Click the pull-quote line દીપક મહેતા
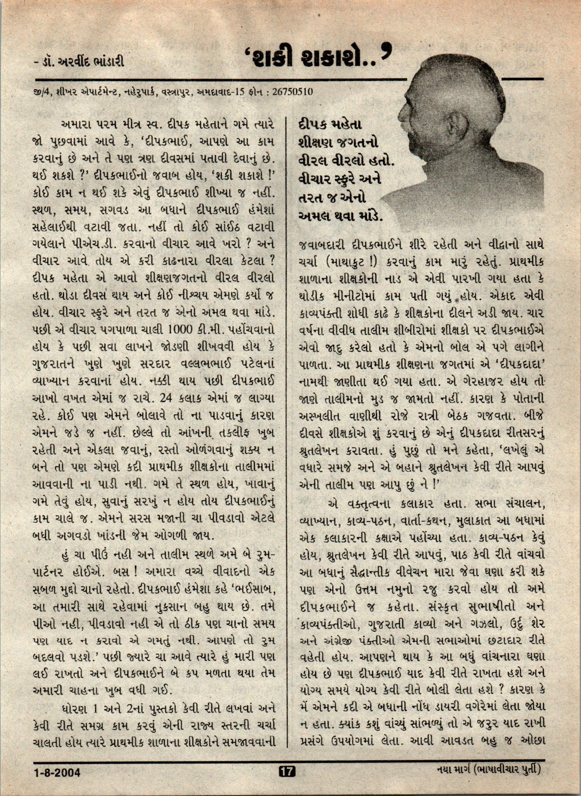click(x=330, y=125)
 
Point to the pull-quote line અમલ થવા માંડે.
click(x=340, y=216)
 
